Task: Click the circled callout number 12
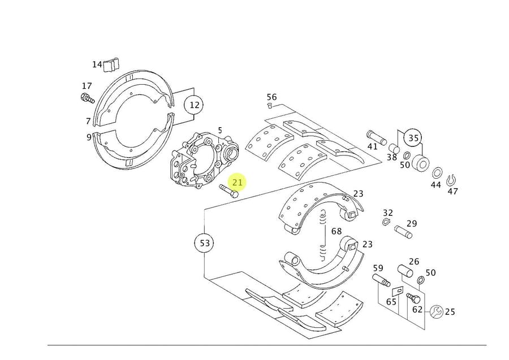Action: [195, 105]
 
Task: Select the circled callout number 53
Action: [205, 244]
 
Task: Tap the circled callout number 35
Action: [413, 138]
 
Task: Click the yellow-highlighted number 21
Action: [237, 182]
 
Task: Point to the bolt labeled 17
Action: [87, 99]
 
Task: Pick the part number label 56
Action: [271, 97]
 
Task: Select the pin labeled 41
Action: [376, 136]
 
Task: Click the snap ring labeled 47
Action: [451, 180]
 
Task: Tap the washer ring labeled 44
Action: [437, 173]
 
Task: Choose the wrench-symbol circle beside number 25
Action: [435, 311]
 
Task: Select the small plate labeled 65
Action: [397, 291]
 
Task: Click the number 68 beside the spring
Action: [337, 231]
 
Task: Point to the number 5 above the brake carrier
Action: [220, 131]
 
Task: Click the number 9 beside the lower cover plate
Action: [89, 137]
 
